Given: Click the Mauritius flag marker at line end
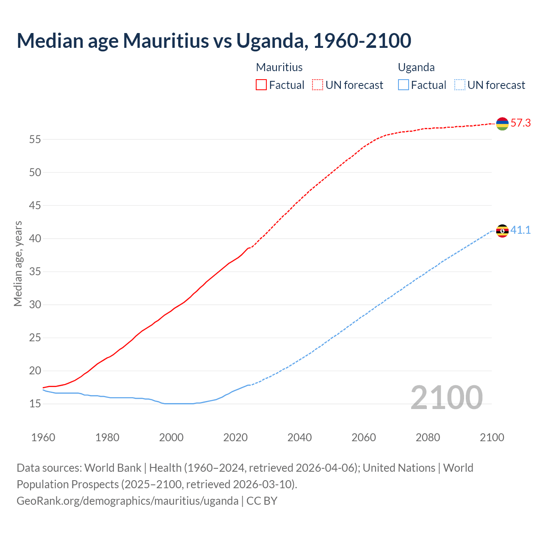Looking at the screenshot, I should coord(502,124).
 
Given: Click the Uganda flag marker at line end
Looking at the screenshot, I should coord(502,231).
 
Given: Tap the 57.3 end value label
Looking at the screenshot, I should coord(520,123).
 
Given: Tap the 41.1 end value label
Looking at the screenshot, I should coord(520,230).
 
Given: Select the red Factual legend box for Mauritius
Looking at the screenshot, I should coord(261,85).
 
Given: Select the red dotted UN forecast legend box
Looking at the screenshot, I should coord(318,85).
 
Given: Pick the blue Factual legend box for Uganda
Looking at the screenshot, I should coord(404,85).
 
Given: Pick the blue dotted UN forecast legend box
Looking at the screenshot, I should coord(459,85).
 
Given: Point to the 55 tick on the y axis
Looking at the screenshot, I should coord(35,139).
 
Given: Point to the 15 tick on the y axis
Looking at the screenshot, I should coord(35,404).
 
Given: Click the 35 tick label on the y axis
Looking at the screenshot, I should coord(35,271).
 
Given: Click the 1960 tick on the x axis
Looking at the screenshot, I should coord(43,437).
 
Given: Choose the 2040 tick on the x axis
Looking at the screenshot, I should coord(299,437).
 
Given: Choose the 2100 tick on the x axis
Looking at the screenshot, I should coord(492,437).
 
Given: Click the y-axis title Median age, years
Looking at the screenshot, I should coord(18,263).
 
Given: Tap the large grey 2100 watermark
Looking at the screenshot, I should coord(446,397).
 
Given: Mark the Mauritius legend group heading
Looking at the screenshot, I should coord(279,67).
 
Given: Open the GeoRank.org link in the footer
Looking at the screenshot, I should coord(127,501).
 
